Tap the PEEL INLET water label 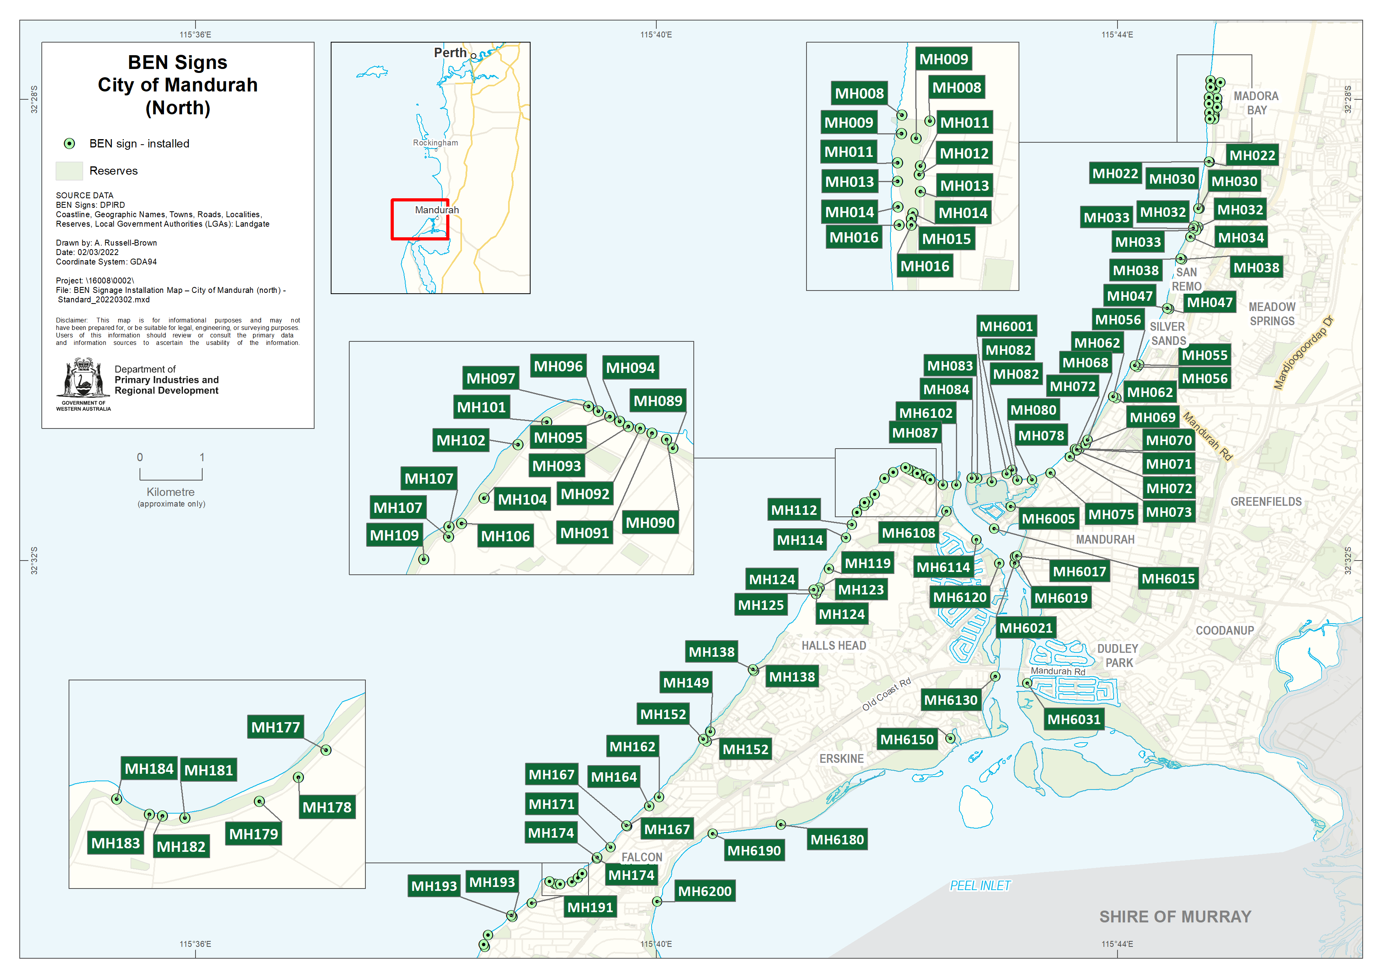pyautogui.click(x=980, y=885)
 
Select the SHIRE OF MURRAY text pyautogui.click(x=1175, y=917)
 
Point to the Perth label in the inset pyautogui.click(x=450, y=53)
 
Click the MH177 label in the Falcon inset pyautogui.click(x=275, y=727)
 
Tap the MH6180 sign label pyautogui.click(x=836, y=840)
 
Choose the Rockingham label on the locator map pyautogui.click(x=435, y=143)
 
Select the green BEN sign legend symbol pyautogui.click(x=69, y=143)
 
